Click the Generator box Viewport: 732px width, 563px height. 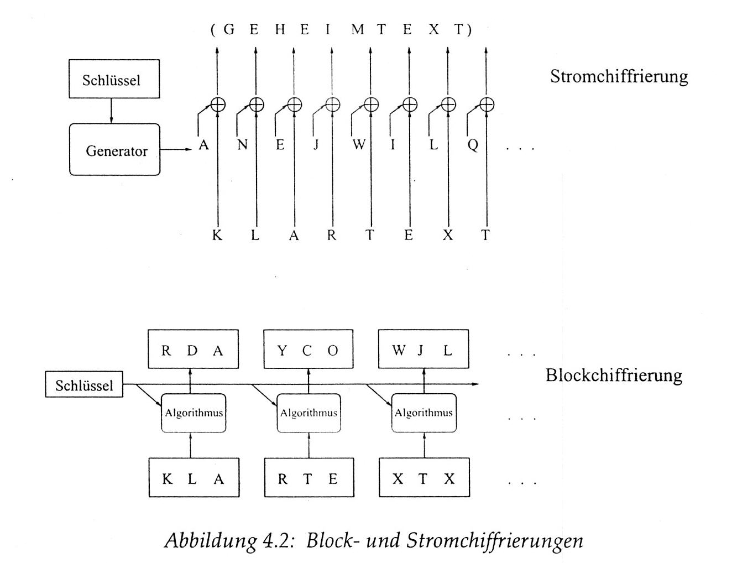click(114, 150)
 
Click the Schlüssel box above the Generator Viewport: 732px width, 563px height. click(114, 80)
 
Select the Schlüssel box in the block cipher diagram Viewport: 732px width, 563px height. click(84, 385)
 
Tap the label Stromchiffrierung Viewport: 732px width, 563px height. click(619, 76)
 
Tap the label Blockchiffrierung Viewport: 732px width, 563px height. click(614, 375)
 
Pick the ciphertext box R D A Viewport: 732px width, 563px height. click(193, 350)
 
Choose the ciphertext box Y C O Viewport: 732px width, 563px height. click(308, 350)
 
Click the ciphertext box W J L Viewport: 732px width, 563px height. click(423, 350)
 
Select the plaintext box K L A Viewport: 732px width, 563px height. click(194, 478)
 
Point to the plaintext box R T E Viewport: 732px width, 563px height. click(309, 478)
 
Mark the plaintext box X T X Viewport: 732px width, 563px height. click(424, 478)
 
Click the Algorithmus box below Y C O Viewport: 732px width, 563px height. click(309, 413)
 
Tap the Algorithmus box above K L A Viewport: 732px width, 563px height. click(194, 413)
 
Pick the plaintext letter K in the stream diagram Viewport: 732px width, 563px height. click(217, 235)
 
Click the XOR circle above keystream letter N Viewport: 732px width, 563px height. click(257, 104)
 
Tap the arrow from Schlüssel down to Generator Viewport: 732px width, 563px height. click(111, 111)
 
